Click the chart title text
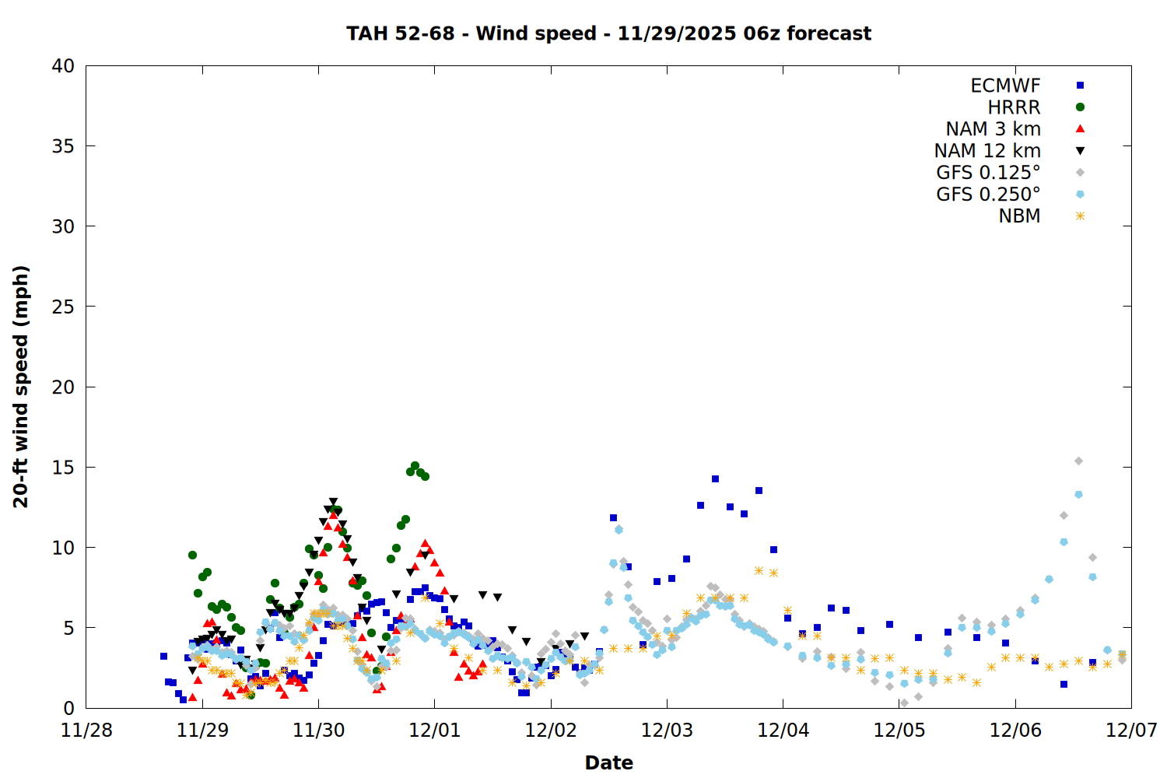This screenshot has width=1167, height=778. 608,33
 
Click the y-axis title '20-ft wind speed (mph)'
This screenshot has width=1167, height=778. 21,387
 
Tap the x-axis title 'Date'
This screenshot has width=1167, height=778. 608,762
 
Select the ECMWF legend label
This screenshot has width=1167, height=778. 1005,86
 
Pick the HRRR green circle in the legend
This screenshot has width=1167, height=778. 1080,107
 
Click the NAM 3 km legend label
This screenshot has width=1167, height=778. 993,129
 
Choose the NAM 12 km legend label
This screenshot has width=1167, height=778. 987,151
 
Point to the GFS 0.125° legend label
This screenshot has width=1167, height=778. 988,173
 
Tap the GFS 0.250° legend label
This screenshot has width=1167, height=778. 988,194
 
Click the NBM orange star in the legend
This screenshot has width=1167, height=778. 1080,216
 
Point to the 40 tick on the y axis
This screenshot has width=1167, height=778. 64,66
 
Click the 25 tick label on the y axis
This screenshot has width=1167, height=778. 64,307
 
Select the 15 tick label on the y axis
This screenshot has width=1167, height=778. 64,468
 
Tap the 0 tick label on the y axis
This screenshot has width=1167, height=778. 69,708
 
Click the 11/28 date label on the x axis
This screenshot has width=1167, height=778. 86,731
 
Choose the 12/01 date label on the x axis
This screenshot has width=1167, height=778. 434,731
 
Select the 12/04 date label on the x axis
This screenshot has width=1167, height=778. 783,731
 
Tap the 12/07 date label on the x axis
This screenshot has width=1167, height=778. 1131,731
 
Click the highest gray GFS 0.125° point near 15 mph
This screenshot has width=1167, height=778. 1078,461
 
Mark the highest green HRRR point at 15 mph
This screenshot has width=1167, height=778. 415,466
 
